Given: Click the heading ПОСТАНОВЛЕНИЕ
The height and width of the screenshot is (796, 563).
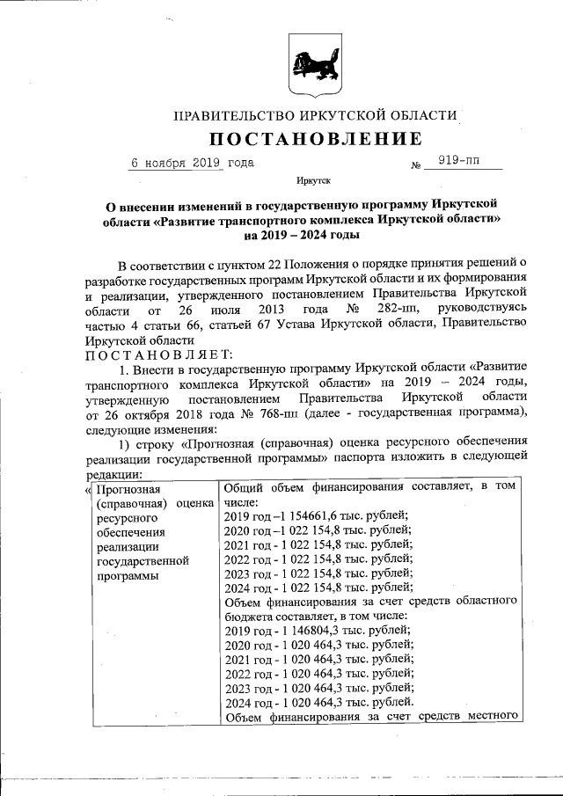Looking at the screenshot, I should (x=315, y=139).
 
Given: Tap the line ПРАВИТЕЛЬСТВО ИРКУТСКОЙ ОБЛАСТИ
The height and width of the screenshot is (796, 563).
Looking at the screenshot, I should (x=315, y=115).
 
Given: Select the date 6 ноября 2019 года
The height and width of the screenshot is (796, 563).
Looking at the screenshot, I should (x=193, y=164).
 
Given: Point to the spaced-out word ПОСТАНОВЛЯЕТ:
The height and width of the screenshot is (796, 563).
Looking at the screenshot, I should (x=158, y=354).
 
